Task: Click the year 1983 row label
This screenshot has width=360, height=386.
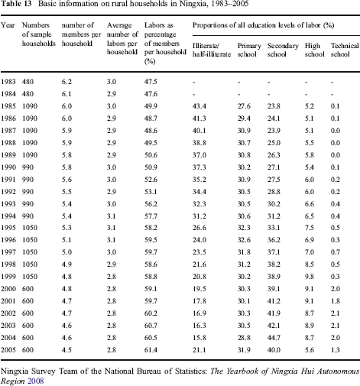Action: click(x=8, y=82)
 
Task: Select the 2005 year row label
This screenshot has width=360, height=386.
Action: click(x=8, y=350)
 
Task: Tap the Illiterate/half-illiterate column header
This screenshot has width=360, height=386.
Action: click(x=212, y=50)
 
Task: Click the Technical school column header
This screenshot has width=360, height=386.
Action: click(x=345, y=50)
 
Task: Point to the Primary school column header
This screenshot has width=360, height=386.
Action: click(x=249, y=50)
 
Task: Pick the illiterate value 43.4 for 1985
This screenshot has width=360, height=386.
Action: click(x=199, y=106)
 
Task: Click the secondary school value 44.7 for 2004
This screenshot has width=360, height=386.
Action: click(x=274, y=338)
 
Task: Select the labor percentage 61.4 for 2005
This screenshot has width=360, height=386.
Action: click(x=151, y=350)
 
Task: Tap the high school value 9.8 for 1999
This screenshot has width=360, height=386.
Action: click(x=310, y=277)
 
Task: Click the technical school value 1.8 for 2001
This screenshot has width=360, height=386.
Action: click(x=336, y=301)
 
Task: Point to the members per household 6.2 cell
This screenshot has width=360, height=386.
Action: click(x=66, y=82)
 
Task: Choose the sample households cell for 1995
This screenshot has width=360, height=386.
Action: click(x=30, y=228)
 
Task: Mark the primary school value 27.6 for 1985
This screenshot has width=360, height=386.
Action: click(x=244, y=106)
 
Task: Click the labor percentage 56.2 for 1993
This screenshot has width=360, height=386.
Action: click(x=151, y=204)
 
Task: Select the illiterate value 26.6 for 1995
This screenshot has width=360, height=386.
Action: click(x=199, y=228)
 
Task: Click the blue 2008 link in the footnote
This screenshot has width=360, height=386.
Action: click(x=36, y=381)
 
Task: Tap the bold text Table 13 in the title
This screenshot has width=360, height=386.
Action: click(x=16, y=4)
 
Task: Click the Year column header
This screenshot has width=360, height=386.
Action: click(x=8, y=25)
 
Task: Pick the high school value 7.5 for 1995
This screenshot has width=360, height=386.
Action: click(x=310, y=228)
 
